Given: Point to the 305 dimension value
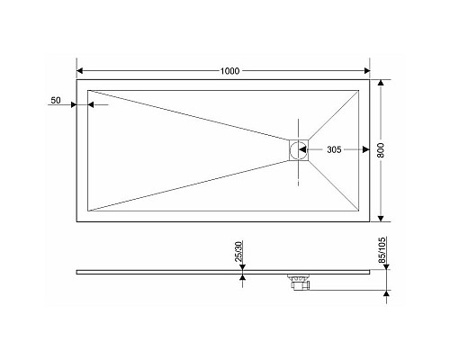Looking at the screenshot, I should coord(333,149).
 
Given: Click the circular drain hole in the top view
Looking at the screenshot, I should coord(299,150).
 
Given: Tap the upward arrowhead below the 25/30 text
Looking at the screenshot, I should coord(241,278).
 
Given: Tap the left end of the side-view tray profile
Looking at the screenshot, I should coord(77,270).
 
